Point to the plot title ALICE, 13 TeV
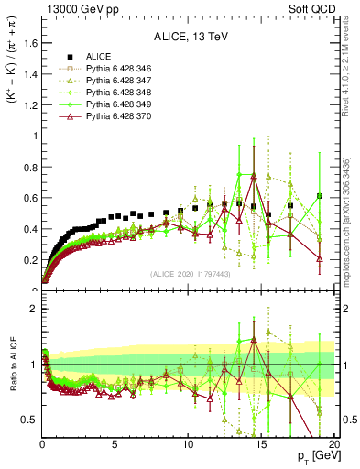(x=189, y=38)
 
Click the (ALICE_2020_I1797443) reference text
(x=189, y=274)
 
